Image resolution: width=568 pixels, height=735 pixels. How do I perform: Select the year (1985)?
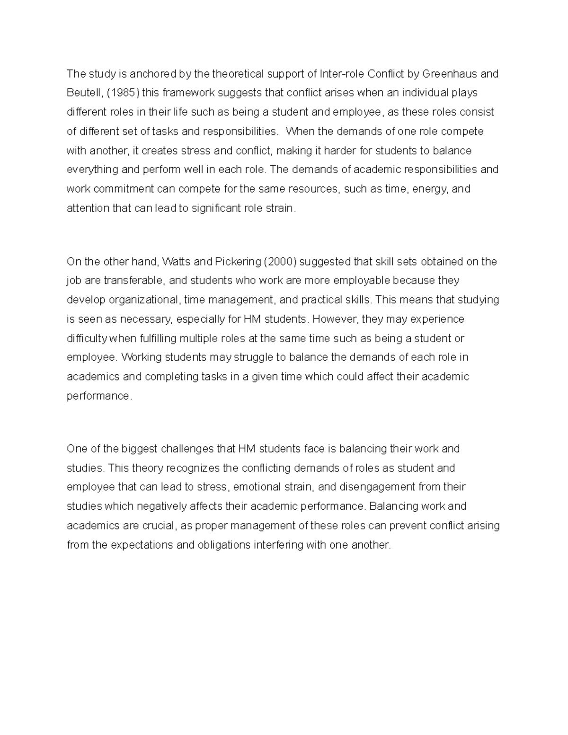124,93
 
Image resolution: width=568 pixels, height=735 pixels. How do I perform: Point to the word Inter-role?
342,74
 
